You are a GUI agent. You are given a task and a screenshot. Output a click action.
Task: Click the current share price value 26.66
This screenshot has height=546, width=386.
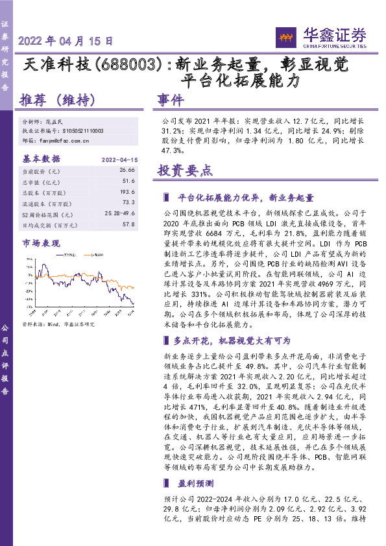127,170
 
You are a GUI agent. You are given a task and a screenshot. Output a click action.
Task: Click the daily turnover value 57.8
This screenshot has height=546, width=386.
128,225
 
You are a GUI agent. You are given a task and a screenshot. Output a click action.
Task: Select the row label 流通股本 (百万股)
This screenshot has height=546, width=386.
48,203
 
